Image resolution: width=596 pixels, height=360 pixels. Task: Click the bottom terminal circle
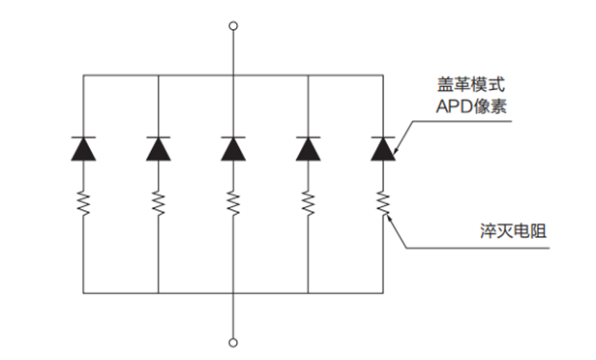(x=232, y=342)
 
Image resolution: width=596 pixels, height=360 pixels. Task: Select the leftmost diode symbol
(x=83, y=148)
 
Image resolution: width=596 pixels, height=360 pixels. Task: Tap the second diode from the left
(x=158, y=148)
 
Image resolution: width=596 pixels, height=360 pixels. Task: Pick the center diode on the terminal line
(x=232, y=148)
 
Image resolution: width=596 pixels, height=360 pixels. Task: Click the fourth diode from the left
(x=308, y=148)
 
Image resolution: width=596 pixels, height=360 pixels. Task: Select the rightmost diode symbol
(x=383, y=148)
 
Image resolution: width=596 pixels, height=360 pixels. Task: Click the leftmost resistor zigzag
(x=83, y=203)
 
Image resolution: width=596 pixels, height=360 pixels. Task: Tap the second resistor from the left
(x=158, y=203)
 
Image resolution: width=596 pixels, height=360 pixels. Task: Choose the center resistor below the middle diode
(x=232, y=203)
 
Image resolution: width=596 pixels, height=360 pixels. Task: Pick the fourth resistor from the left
(x=308, y=203)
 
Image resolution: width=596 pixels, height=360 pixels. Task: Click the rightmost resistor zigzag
(x=383, y=203)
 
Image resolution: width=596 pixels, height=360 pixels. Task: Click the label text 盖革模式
(x=464, y=86)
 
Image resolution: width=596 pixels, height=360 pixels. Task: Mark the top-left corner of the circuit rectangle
(x=83, y=74)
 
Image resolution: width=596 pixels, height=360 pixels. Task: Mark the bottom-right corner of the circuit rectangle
(x=383, y=291)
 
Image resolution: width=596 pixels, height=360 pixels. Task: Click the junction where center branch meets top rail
(x=232, y=74)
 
